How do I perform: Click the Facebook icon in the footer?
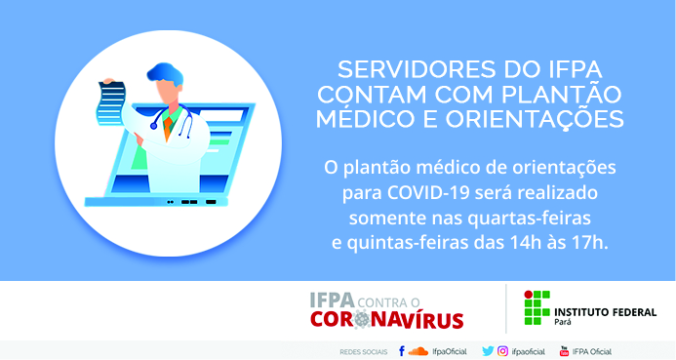click(401, 351)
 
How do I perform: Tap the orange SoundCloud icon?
click(418, 351)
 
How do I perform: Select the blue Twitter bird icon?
click(488, 351)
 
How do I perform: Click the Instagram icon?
click(502, 351)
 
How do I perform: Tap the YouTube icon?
click(564, 351)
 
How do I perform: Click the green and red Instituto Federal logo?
click(537, 307)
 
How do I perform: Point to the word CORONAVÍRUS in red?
click(386, 319)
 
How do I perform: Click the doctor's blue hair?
click(165, 73)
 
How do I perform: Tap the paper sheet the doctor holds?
click(111, 103)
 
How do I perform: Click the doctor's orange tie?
click(168, 127)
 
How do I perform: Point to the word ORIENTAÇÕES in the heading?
click(535, 119)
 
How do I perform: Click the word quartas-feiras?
click(529, 219)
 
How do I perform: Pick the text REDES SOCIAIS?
click(364, 352)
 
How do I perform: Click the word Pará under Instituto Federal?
click(563, 322)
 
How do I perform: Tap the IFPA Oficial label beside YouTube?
click(592, 351)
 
